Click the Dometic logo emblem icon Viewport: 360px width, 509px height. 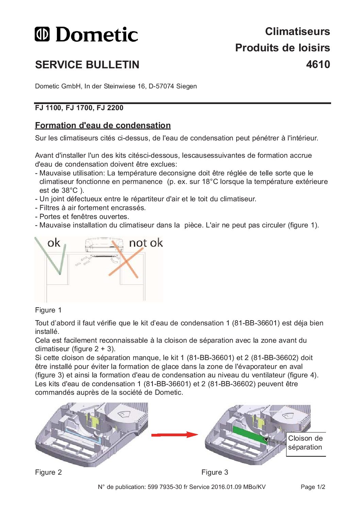pyautogui.click(x=42, y=34)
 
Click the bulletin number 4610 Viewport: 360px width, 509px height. pyautogui.click(x=318, y=64)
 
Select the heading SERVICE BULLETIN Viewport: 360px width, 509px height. pyautogui.click(x=87, y=65)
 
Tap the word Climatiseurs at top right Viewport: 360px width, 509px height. pyautogui.click(x=297, y=31)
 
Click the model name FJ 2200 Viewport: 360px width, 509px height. pyautogui.click(x=110, y=108)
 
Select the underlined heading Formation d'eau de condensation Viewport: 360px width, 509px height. pyautogui.click(x=103, y=125)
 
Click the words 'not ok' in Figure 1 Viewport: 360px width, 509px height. pyautogui.click(x=146, y=243)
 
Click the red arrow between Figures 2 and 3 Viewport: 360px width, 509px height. pyautogui.click(x=174, y=435)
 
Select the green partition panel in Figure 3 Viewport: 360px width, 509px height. pyautogui.click(x=249, y=434)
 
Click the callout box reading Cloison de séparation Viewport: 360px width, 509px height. pyautogui.click(x=306, y=443)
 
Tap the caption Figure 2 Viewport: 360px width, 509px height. pyautogui.click(x=48, y=472)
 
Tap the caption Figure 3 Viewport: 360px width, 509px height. pyautogui.click(x=215, y=472)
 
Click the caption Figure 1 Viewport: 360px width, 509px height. pyautogui.click(x=48, y=310)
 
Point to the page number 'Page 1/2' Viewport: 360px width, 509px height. pyautogui.click(x=313, y=487)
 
